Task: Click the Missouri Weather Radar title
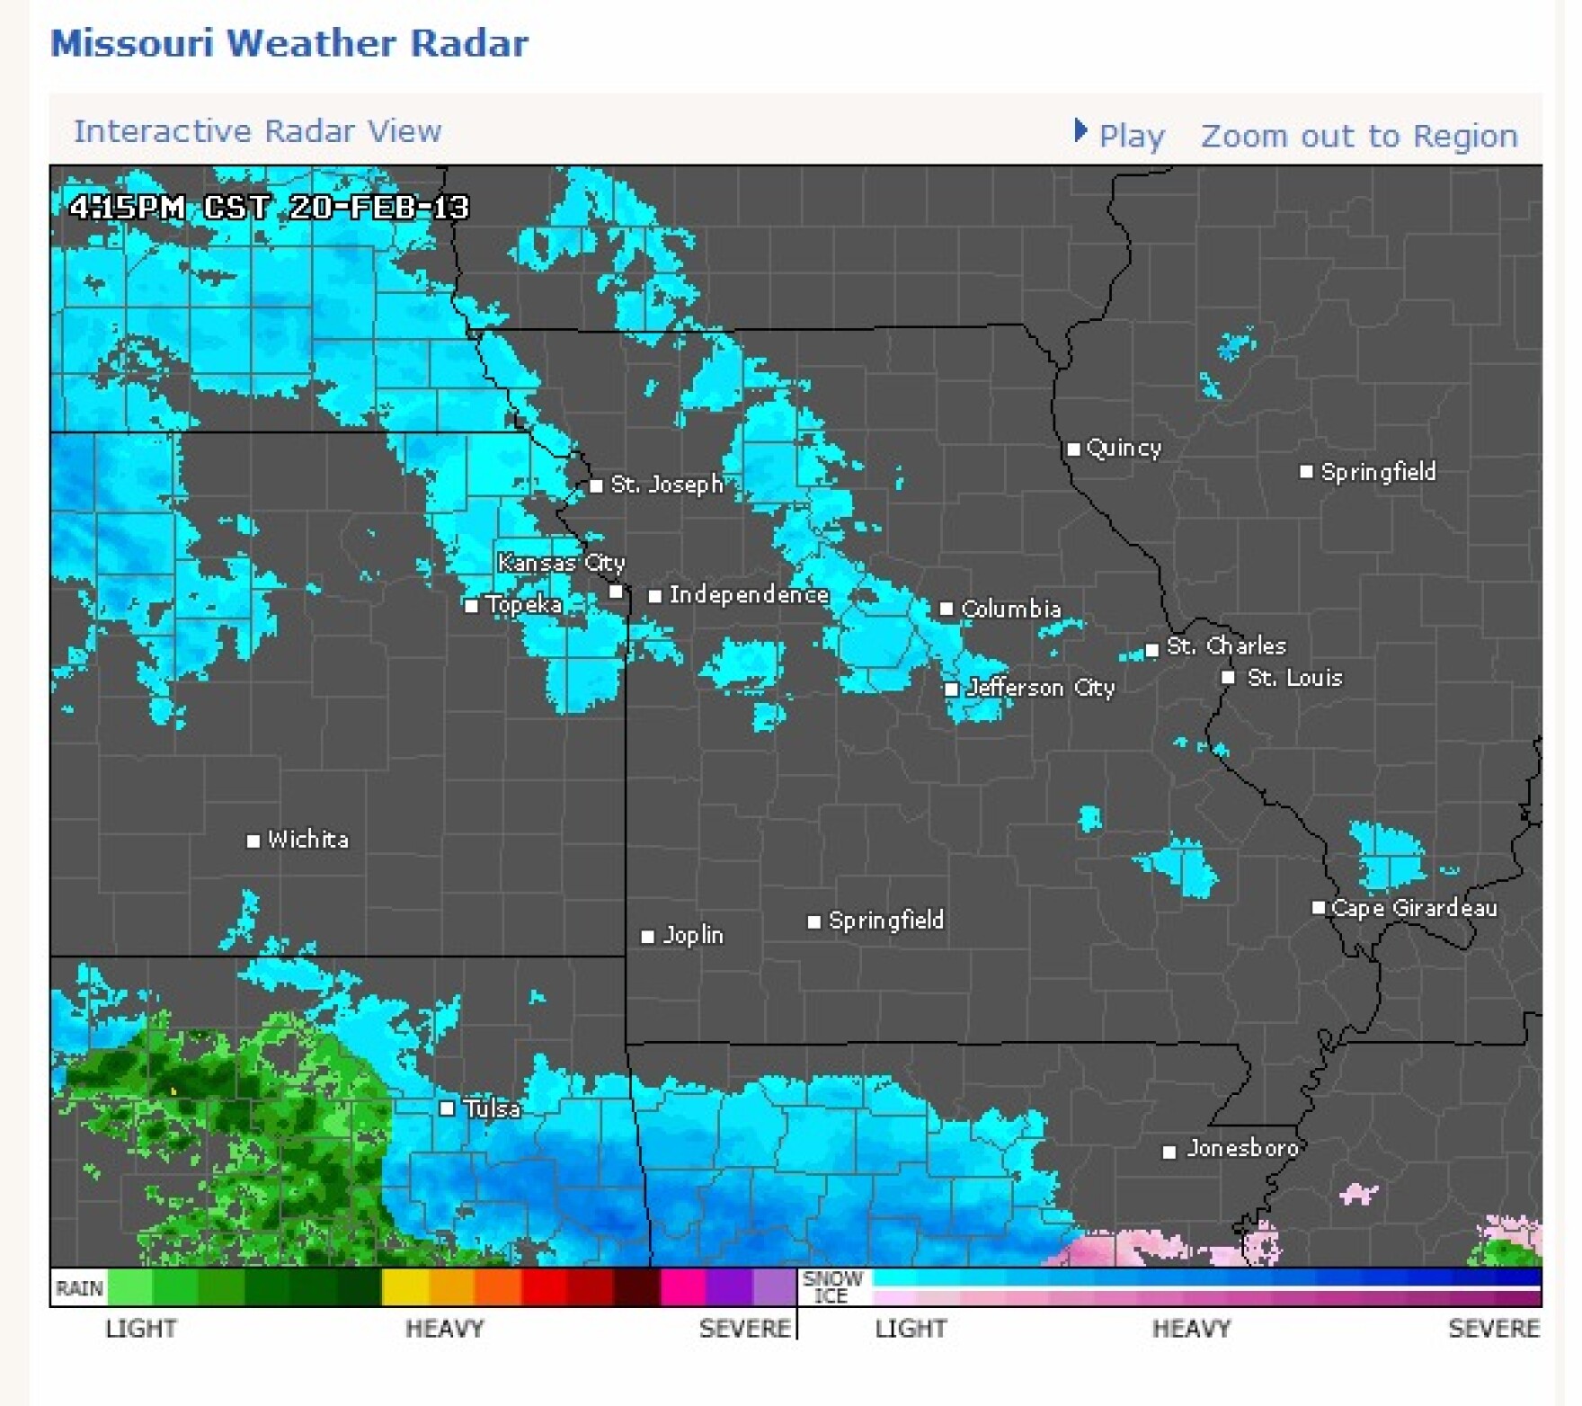point(289,43)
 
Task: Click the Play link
point(1130,136)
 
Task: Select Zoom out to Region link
point(1358,136)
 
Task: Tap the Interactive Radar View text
point(257,131)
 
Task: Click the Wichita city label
point(307,840)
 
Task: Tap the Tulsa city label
point(492,1108)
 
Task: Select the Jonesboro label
point(1241,1148)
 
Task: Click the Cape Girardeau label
point(1413,908)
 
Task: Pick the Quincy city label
point(1124,448)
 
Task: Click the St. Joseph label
point(667,485)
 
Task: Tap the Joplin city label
point(692,935)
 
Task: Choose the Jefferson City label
point(1040,688)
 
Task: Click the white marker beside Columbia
point(946,609)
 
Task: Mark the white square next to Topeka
point(471,605)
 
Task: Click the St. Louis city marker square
point(1228,677)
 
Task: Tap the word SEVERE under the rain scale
point(744,1328)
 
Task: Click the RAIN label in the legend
point(79,1288)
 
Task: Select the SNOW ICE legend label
point(831,1286)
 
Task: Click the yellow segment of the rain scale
point(405,1286)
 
